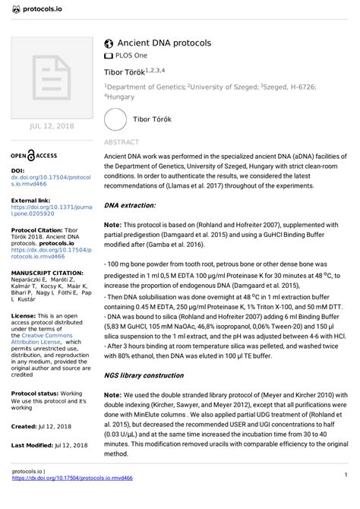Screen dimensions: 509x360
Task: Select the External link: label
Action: (x=31, y=200)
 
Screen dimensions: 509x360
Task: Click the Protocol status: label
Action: (x=36, y=394)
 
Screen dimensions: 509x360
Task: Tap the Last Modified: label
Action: (x=34, y=444)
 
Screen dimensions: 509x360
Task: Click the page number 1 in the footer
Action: (x=344, y=495)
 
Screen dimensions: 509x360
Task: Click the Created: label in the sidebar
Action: (x=24, y=427)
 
